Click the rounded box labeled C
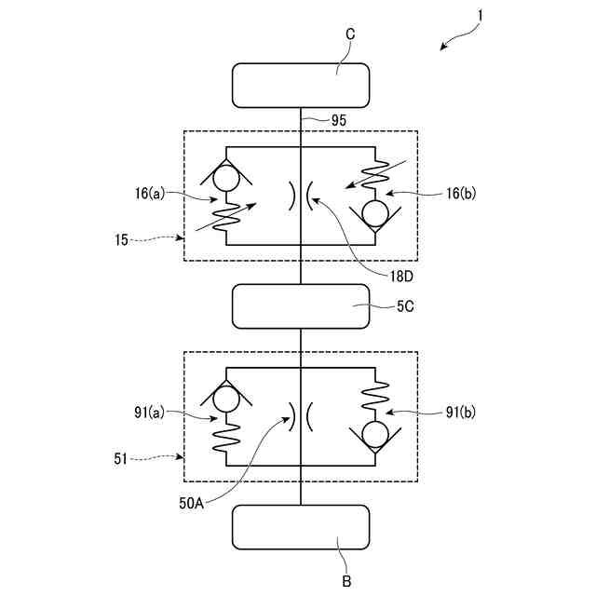tap(300, 85)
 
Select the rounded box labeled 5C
tap(300, 306)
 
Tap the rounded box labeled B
tap(300, 528)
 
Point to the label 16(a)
tap(148, 195)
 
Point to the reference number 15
tap(122, 238)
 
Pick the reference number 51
tap(122, 459)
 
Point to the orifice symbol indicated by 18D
tap(300, 196)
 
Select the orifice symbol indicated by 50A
tap(300, 415)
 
